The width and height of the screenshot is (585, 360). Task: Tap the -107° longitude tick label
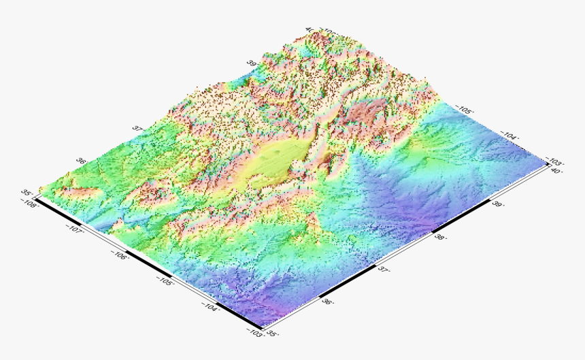76,229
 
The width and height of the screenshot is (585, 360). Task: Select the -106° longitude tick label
120,256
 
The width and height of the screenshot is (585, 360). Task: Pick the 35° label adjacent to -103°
273,333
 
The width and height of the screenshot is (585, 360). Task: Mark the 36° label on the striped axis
327,301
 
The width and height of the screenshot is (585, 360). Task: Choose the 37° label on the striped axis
384,269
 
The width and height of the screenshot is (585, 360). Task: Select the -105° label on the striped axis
164,282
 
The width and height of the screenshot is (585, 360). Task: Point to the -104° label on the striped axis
209,308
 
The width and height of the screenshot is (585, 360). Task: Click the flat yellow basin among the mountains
272,163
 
